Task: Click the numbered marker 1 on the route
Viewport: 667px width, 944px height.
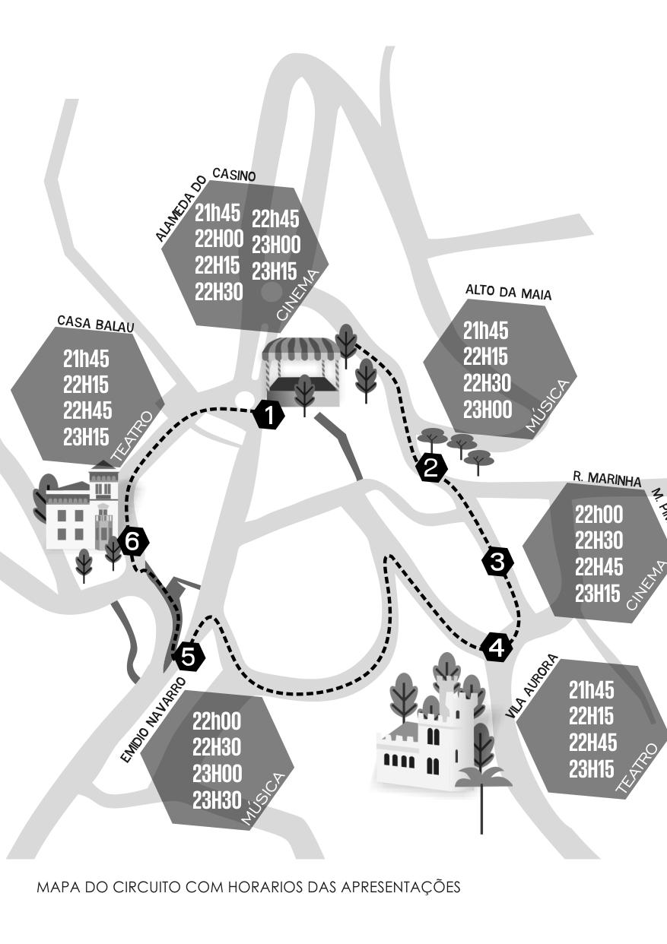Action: [x=268, y=415]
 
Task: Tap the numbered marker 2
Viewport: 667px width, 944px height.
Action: [x=431, y=468]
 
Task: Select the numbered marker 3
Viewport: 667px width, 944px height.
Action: [x=497, y=562]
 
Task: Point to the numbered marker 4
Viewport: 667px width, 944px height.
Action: [x=497, y=648]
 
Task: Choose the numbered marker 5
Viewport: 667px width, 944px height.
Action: [x=189, y=656]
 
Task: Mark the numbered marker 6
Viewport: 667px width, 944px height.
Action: [x=132, y=542]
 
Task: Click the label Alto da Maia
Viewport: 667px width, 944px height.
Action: [x=508, y=293]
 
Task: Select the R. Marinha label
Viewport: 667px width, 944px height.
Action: [x=607, y=480]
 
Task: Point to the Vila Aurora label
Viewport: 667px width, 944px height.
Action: [x=532, y=687]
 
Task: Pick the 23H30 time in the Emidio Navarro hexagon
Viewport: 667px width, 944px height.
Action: [x=217, y=800]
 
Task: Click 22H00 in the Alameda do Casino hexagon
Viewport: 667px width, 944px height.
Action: [x=219, y=239]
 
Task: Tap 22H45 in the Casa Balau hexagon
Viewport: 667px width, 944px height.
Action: [x=87, y=411]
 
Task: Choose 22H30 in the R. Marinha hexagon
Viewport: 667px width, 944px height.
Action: [x=599, y=540]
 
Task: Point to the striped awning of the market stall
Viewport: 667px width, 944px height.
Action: [x=300, y=350]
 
